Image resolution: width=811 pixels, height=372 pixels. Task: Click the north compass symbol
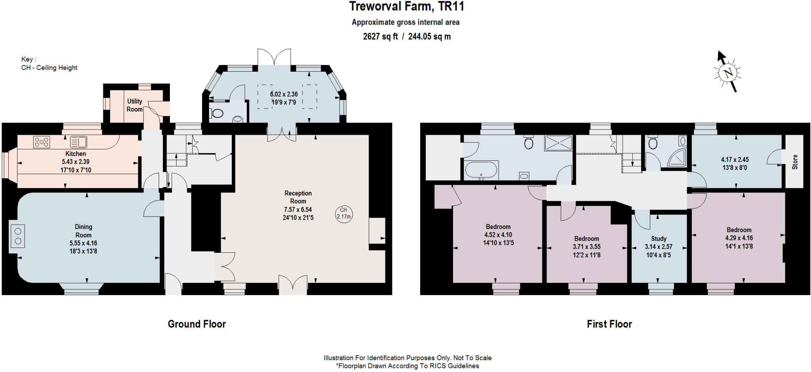pyautogui.click(x=727, y=73)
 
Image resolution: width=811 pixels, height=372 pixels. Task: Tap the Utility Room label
pyautogui.click(x=135, y=105)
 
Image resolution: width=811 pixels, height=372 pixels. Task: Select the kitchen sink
pyautogui.click(x=79, y=142)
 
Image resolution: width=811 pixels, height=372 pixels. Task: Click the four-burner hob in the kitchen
pyautogui.click(x=42, y=142)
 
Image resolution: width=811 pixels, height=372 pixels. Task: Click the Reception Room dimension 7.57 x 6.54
pyautogui.click(x=298, y=210)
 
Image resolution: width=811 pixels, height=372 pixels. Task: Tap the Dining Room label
pyautogui.click(x=84, y=231)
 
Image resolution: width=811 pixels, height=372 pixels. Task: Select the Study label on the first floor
pyautogui.click(x=659, y=238)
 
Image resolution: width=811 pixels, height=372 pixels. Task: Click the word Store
pyautogui.click(x=795, y=162)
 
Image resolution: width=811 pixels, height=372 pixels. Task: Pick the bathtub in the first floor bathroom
pyautogui.click(x=481, y=170)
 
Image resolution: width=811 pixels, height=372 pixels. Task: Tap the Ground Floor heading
pyautogui.click(x=197, y=324)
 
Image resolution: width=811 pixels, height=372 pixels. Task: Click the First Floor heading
pyautogui.click(x=609, y=324)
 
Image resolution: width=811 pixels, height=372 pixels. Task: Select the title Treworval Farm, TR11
pyautogui.click(x=407, y=6)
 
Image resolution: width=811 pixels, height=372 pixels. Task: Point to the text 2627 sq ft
pyautogui.click(x=381, y=36)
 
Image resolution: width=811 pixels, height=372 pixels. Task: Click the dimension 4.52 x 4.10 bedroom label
pyautogui.click(x=498, y=235)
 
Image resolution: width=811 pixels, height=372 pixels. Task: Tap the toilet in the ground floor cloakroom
pyautogui.click(x=217, y=113)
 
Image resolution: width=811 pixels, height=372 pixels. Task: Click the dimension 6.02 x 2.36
pyautogui.click(x=284, y=94)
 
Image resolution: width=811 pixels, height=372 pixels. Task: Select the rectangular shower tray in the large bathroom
pyautogui.click(x=558, y=143)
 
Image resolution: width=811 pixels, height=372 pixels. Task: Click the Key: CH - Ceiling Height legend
pyautogui.click(x=49, y=63)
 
